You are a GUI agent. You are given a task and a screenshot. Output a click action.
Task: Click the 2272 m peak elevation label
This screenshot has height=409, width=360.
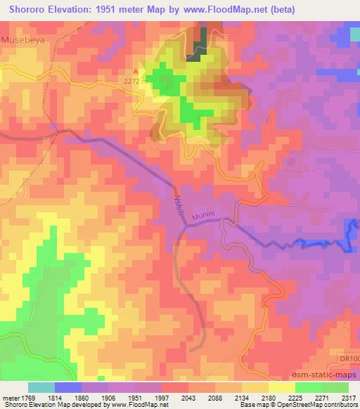click(135, 81)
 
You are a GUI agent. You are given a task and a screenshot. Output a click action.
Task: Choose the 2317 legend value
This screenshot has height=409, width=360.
click(349, 398)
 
